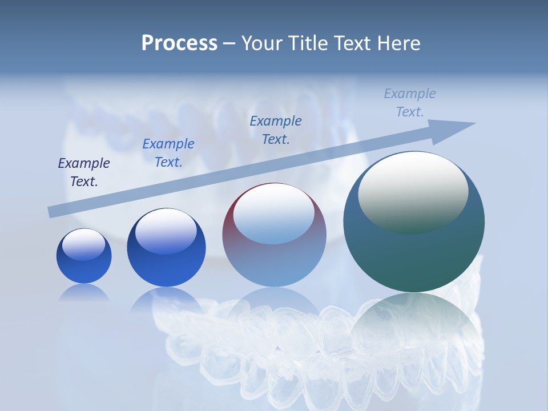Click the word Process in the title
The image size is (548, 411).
[179, 43]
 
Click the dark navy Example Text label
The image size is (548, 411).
[84, 172]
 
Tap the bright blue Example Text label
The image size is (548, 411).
[168, 153]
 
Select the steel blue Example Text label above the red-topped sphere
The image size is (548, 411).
[276, 130]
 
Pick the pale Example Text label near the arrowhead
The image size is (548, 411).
[410, 102]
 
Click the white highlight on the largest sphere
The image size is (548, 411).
[413, 191]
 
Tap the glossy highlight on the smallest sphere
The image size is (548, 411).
[83, 244]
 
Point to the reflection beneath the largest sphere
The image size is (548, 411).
[414, 325]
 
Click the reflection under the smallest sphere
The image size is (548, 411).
[84, 292]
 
